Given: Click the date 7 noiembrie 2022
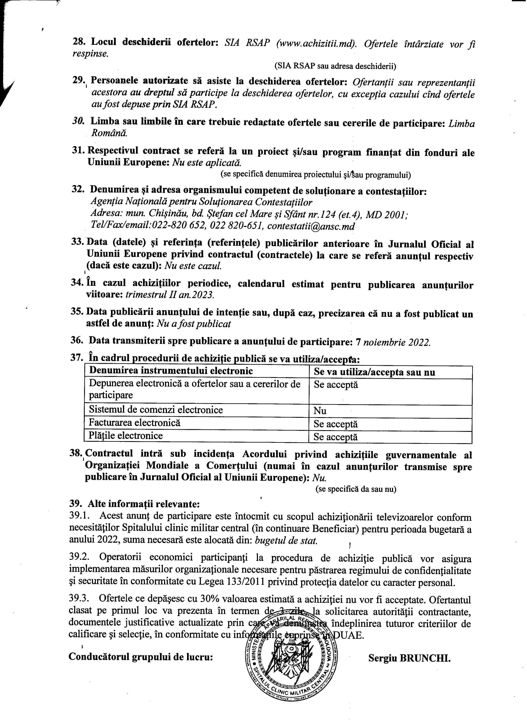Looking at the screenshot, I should click(x=393, y=342).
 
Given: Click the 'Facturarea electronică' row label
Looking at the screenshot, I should click(x=135, y=423).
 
